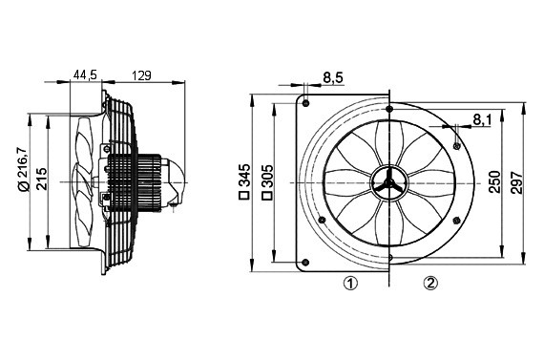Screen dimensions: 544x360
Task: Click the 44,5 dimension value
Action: coord(85,75)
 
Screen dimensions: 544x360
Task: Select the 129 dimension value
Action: coord(141,75)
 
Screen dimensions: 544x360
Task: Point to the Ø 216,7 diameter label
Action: coord(22,169)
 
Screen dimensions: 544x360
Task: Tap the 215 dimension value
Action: coord(42,179)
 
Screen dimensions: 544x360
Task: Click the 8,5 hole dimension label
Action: coord(333,77)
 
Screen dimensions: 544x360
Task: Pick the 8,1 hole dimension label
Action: coord(482,119)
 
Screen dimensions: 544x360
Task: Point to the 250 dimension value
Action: coord(495,181)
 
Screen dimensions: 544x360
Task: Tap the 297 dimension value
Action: coord(516,181)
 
